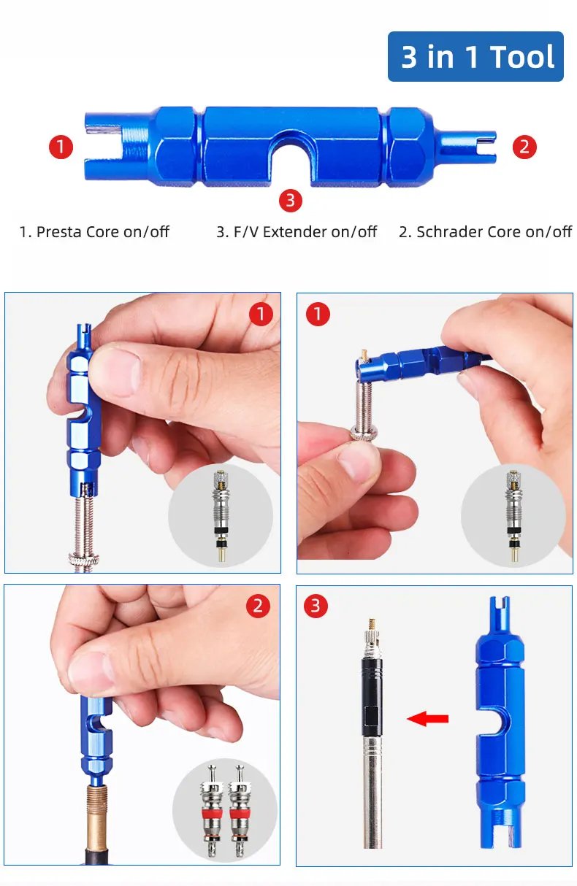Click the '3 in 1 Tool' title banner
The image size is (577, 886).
[475, 56]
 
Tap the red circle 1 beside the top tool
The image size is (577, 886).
[61, 147]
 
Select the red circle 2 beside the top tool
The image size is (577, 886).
[524, 147]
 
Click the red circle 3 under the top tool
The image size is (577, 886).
[290, 200]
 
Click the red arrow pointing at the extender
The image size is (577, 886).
[427, 719]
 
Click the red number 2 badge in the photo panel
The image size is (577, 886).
[258, 606]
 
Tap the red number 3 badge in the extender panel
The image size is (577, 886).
[316, 606]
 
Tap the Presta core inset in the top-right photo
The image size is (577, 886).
[513, 515]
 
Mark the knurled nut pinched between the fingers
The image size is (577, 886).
[363, 434]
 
